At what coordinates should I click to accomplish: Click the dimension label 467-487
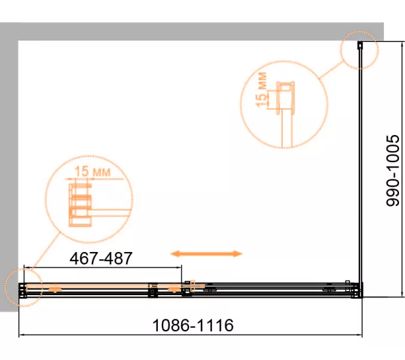(x=101, y=258)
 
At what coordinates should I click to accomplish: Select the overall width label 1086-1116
(x=193, y=325)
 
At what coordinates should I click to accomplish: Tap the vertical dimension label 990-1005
(x=393, y=170)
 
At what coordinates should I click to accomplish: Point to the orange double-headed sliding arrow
(x=206, y=254)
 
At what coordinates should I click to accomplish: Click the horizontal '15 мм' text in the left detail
(x=92, y=172)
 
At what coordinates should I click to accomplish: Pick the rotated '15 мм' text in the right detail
(x=261, y=89)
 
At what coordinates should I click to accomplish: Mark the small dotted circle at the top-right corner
(x=359, y=50)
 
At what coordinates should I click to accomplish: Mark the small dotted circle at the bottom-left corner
(x=24, y=287)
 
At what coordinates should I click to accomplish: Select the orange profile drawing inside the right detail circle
(x=286, y=113)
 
